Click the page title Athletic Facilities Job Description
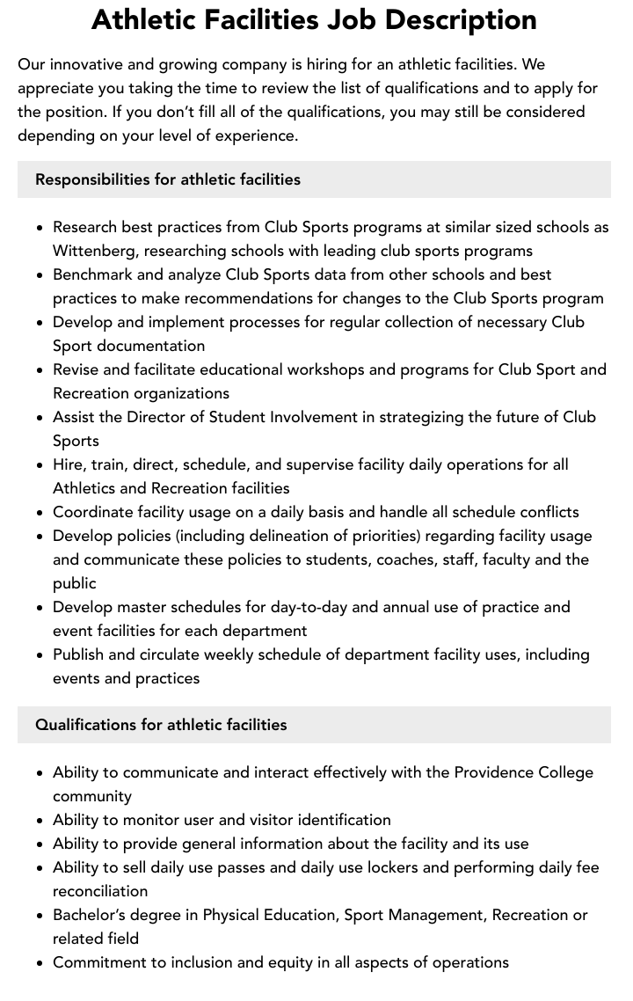(314, 19)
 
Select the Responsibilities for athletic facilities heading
(168, 179)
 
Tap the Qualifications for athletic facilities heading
(161, 725)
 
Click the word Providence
(495, 772)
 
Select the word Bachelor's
(91, 915)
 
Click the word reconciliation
(100, 891)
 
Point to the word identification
(344, 820)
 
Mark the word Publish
(79, 654)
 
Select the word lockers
(426, 867)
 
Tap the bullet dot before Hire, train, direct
(40, 465)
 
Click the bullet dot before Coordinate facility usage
(40, 513)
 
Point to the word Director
(160, 417)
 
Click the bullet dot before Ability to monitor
(40, 821)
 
